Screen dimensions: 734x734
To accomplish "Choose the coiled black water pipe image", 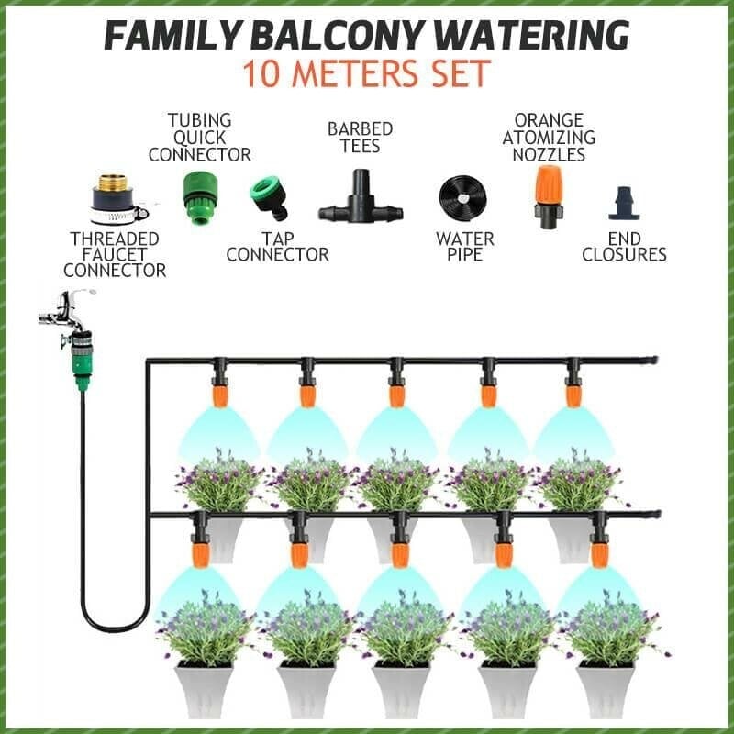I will click(x=462, y=196).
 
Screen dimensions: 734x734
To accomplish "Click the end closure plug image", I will click(x=624, y=204).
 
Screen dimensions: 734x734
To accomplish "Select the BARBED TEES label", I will click(x=360, y=139).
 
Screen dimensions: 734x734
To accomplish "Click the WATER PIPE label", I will click(x=464, y=247).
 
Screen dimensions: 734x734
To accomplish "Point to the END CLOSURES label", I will click(x=624, y=247).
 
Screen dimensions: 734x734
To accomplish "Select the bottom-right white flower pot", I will click(x=605, y=688).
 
